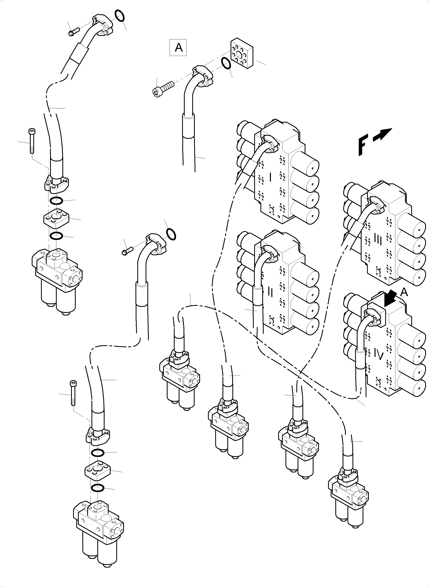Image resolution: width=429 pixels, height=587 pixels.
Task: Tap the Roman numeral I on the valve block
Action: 270,178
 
